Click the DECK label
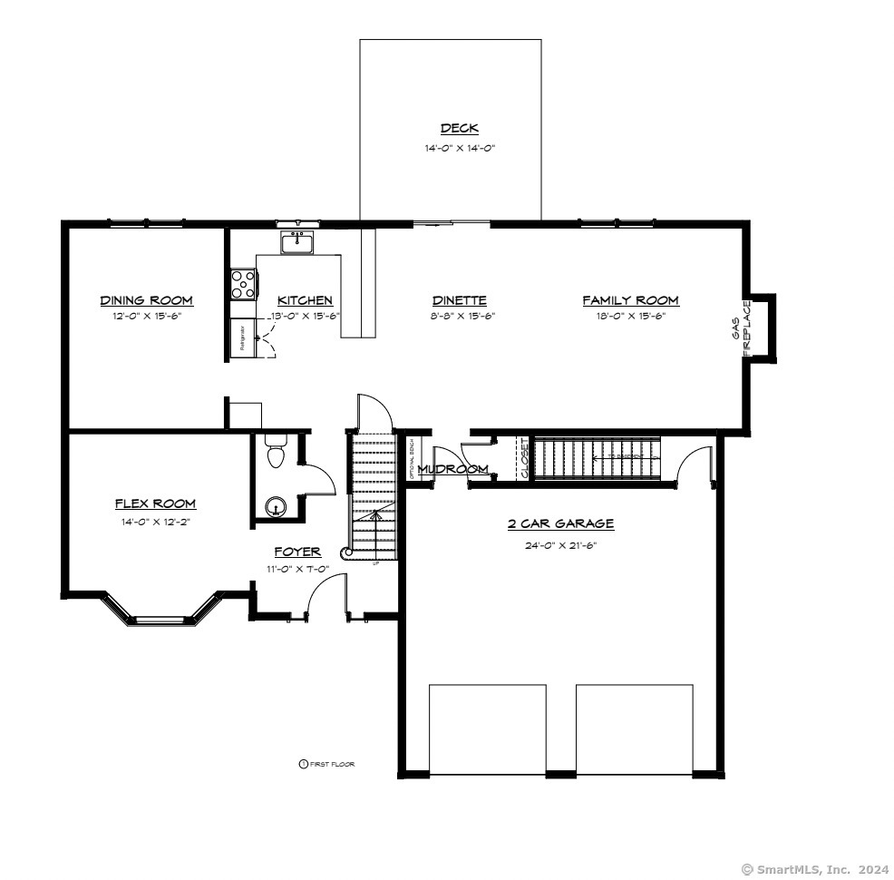click(459, 129)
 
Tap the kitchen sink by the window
click(296, 243)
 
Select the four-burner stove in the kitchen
click(243, 284)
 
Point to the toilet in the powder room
click(276, 451)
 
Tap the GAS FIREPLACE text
click(742, 329)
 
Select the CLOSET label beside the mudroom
click(523, 458)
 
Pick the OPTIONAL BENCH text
click(412, 458)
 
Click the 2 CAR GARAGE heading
click(560, 523)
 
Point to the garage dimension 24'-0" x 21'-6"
click(560, 545)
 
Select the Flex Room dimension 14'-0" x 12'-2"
click(155, 522)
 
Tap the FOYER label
click(297, 552)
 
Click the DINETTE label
click(459, 300)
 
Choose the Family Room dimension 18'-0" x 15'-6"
click(630, 316)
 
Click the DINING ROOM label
click(146, 300)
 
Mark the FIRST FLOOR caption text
click(333, 764)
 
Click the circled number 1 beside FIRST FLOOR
click(304, 764)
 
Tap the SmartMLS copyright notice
click(813, 869)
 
